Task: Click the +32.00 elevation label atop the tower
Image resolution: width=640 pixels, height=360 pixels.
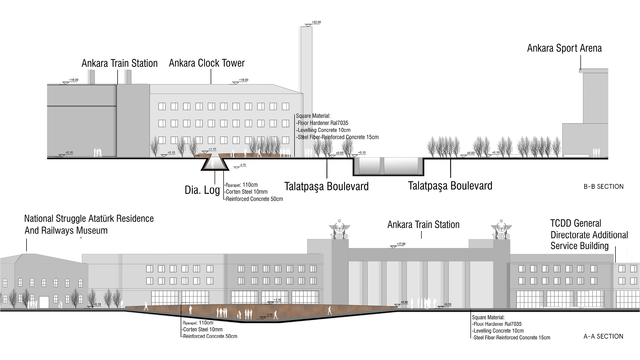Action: (316, 22)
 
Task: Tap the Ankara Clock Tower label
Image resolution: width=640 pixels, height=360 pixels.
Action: (207, 63)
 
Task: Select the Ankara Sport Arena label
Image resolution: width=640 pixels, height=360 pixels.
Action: (564, 48)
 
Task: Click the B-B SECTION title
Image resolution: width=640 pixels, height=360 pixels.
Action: (604, 186)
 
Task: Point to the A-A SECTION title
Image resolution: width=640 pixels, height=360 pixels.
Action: (603, 336)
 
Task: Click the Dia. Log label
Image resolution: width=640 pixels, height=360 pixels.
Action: (202, 190)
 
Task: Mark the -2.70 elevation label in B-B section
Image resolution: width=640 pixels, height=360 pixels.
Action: (242, 165)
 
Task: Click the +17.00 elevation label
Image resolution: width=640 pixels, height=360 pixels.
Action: (401, 244)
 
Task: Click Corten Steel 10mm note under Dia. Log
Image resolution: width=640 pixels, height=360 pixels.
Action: (246, 192)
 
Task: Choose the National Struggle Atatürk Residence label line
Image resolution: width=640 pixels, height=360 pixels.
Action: (89, 219)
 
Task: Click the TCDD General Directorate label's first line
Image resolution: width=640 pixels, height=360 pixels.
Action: (576, 223)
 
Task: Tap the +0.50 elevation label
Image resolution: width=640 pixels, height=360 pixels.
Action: (404, 302)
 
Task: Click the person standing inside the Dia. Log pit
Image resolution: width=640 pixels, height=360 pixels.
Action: (213, 164)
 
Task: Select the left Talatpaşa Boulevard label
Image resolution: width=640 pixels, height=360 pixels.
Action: (326, 186)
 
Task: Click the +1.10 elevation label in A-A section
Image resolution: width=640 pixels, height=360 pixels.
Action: (277, 300)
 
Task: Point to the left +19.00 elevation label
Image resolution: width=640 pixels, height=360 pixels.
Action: (74, 80)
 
